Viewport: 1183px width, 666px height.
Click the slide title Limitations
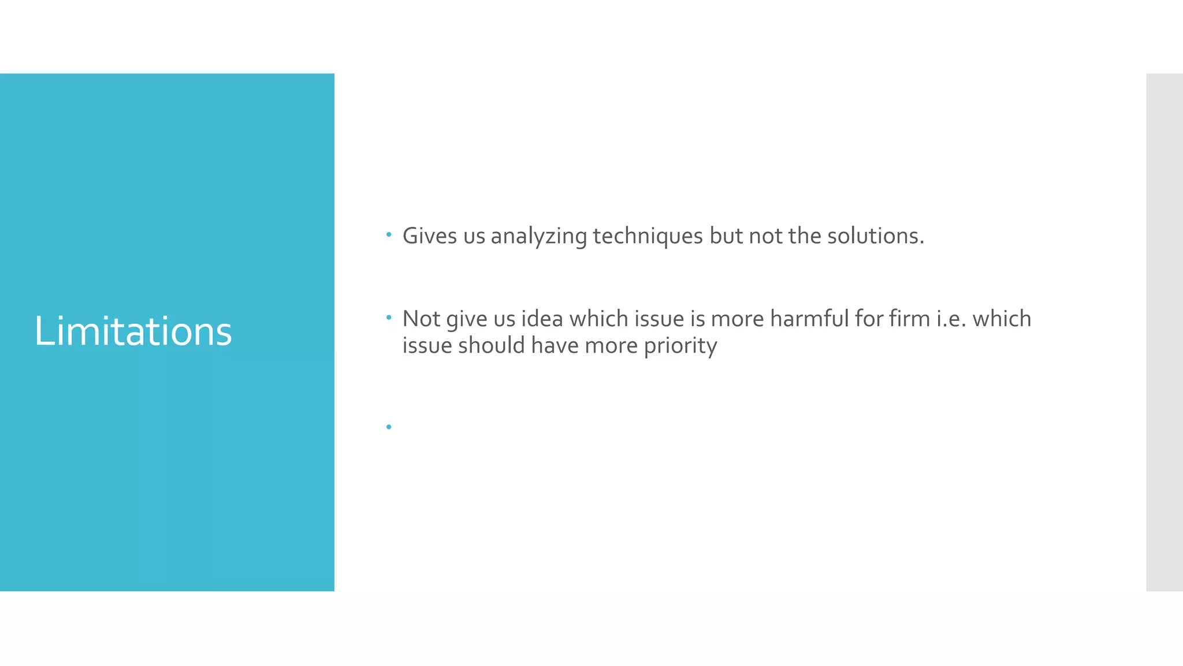(x=133, y=332)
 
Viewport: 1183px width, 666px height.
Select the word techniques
(x=648, y=236)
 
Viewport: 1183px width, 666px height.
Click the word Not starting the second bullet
(x=421, y=319)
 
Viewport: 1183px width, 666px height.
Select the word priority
(x=680, y=346)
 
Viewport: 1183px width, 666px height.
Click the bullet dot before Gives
(x=389, y=235)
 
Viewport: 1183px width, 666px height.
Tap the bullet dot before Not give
(x=389, y=317)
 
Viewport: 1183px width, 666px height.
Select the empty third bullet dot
(x=389, y=427)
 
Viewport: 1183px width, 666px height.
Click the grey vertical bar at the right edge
(x=1164, y=332)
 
